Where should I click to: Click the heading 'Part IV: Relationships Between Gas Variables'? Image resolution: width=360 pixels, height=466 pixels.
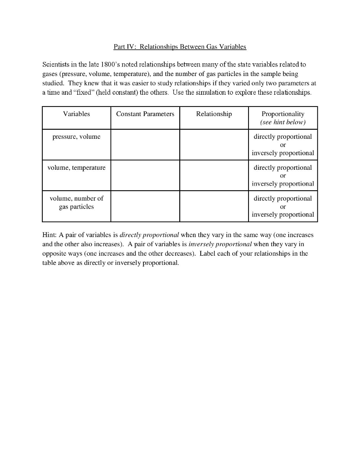[x=179, y=47]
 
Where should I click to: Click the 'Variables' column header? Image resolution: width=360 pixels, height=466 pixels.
[x=76, y=114]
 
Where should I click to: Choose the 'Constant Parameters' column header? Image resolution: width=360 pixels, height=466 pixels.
[x=145, y=114]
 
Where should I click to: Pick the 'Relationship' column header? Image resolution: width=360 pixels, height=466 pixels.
[x=214, y=114]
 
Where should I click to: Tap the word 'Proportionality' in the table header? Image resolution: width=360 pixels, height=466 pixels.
[x=283, y=114]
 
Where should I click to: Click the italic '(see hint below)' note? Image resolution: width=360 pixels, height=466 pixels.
[x=283, y=122]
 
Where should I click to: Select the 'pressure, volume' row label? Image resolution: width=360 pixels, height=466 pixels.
[x=76, y=137]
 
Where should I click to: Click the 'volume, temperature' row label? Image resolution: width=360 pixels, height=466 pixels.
[x=76, y=167]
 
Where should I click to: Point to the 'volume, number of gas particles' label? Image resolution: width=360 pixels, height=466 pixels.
[x=76, y=203]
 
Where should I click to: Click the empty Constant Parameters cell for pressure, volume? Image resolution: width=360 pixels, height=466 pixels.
[x=145, y=144]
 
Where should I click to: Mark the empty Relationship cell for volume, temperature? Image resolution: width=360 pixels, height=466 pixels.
[x=214, y=175]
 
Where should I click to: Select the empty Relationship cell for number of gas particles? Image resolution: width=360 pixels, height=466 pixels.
[x=214, y=206]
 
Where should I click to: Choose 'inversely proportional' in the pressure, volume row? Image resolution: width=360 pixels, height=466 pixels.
[x=283, y=153]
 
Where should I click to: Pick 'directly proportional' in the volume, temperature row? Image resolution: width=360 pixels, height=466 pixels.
[x=283, y=167]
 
